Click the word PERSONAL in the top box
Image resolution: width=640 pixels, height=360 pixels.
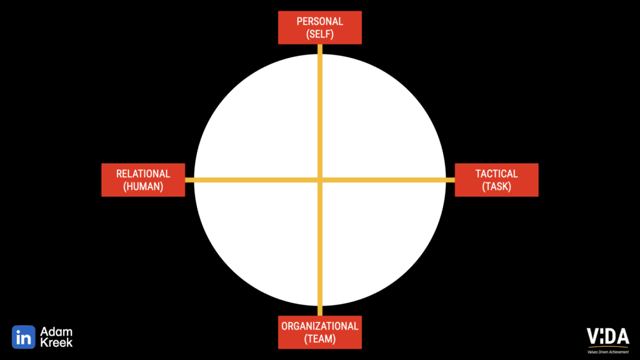[319, 21]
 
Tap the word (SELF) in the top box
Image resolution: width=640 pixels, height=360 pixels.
[319, 35]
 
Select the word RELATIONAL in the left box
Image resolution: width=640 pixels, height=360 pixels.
[143, 173]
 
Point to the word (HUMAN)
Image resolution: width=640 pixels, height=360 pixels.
[143, 186]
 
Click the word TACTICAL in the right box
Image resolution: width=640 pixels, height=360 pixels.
[496, 173]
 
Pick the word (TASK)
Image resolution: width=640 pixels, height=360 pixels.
[496, 186]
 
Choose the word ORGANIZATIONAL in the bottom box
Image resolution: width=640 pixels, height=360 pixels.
[319, 326]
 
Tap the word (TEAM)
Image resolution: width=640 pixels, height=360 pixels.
[319, 339]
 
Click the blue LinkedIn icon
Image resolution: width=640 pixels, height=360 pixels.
[23, 337]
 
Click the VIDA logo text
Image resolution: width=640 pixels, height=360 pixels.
[607, 336]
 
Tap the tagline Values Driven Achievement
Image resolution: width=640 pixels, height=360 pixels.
[607, 351]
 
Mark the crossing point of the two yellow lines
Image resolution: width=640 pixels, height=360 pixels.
[320, 180]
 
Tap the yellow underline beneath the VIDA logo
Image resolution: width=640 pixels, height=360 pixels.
[607, 347]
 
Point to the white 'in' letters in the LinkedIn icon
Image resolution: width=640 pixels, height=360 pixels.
[23, 337]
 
